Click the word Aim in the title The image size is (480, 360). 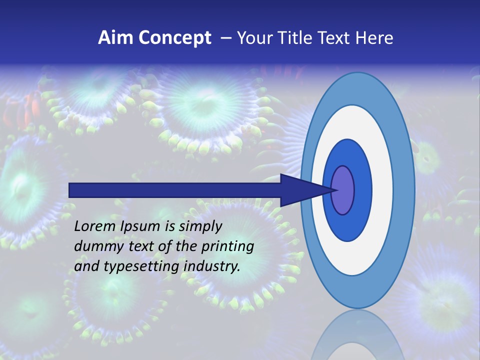115,38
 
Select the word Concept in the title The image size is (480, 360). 174,38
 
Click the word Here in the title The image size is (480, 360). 374,38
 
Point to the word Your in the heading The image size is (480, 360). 253,38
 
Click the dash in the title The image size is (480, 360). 225,38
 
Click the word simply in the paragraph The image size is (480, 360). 200,226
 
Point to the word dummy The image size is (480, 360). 95,246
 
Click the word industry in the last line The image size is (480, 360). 211,266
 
